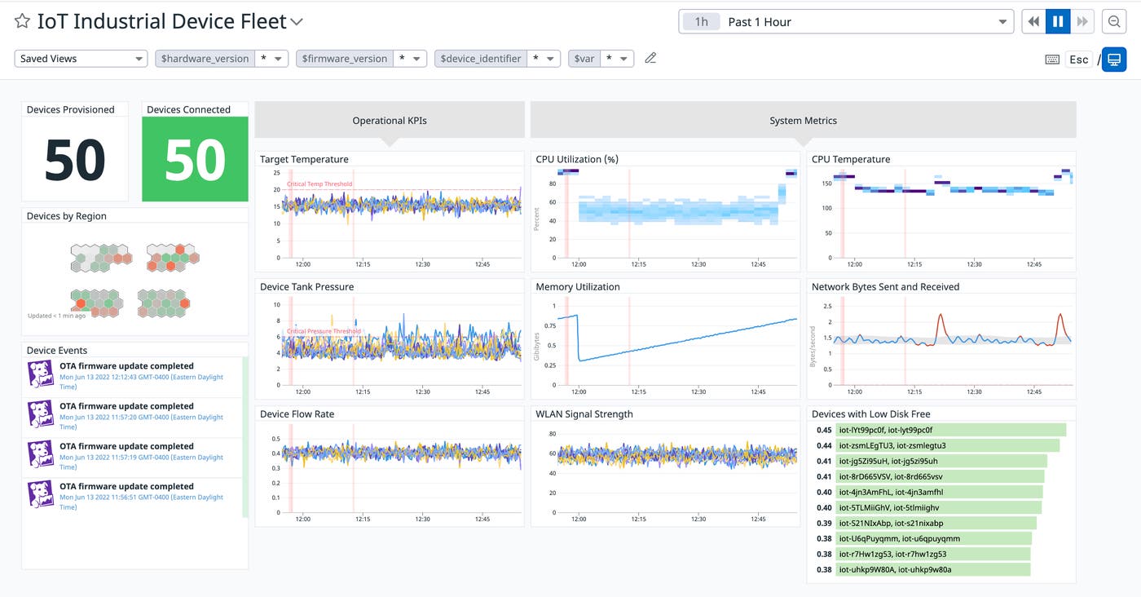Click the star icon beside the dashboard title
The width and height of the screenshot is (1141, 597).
click(x=23, y=22)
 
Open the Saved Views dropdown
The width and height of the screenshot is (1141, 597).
click(x=81, y=59)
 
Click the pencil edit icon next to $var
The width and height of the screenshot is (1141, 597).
click(x=650, y=58)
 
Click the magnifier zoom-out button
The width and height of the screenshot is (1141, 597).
click(x=1112, y=22)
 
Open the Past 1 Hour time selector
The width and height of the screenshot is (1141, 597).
click(x=845, y=22)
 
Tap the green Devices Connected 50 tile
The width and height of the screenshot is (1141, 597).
click(x=195, y=159)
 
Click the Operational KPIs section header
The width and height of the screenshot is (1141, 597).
click(x=390, y=121)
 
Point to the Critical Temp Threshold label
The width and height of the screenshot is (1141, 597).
click(x=319, y=184)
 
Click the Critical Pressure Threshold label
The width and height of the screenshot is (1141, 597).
click(x=324, y=332)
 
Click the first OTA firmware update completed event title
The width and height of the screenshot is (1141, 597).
click(x=126, y=366)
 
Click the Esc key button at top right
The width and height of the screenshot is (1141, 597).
click(x=1078, y=60)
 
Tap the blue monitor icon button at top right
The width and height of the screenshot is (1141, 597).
click(x=1114, y=60)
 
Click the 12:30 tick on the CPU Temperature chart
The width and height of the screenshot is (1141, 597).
click(x=975, y=264)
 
